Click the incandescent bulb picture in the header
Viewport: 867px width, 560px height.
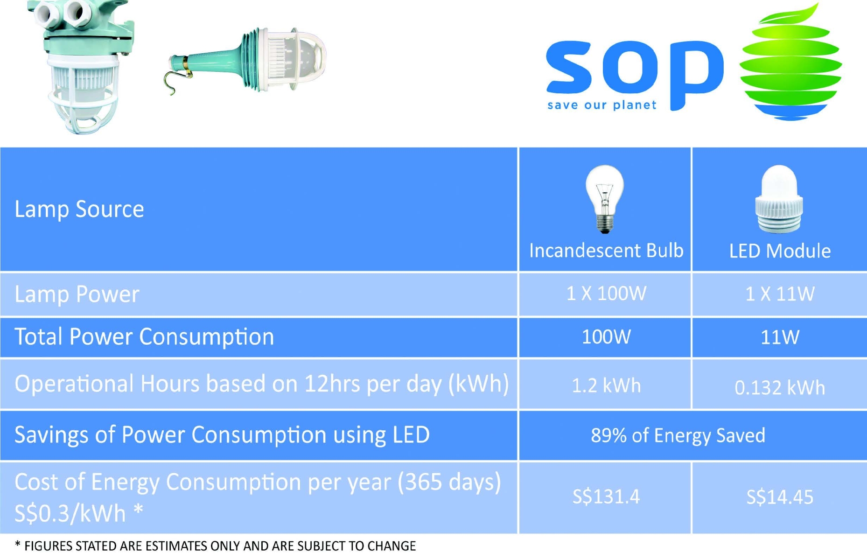point(605,199)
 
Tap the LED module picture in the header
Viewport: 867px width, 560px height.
point(779,199)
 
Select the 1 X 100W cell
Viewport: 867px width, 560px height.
point(606,294)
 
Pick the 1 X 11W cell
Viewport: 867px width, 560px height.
point(780,294)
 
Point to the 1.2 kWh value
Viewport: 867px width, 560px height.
point(606,385)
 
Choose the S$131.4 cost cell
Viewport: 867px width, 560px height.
point(606,497)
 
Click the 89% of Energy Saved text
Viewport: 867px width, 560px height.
point(678,435)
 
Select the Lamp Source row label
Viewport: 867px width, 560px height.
point(79,209)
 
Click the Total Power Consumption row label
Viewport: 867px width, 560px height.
point(144,336)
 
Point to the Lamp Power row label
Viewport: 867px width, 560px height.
point(77,294)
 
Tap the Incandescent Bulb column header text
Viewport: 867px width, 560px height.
point(606,251)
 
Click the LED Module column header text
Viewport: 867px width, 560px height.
point(780,251)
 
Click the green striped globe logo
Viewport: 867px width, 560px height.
point(790,62)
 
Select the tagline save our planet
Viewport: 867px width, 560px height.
point(602,105)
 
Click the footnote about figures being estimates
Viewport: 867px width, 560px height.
point(215,546)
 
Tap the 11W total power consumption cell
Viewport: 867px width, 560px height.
point(780,337)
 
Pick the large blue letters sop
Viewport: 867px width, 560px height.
point(635,75)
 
